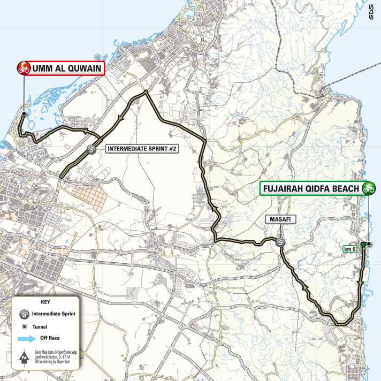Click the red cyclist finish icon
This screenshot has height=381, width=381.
(24, 68)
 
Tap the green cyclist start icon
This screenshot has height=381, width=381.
(368, 188)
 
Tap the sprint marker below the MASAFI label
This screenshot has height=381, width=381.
(281, 243)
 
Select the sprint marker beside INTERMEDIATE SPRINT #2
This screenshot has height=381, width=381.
(92, 150)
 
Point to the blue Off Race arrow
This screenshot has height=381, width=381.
(25, 338)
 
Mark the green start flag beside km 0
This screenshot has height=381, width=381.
(364, 245)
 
